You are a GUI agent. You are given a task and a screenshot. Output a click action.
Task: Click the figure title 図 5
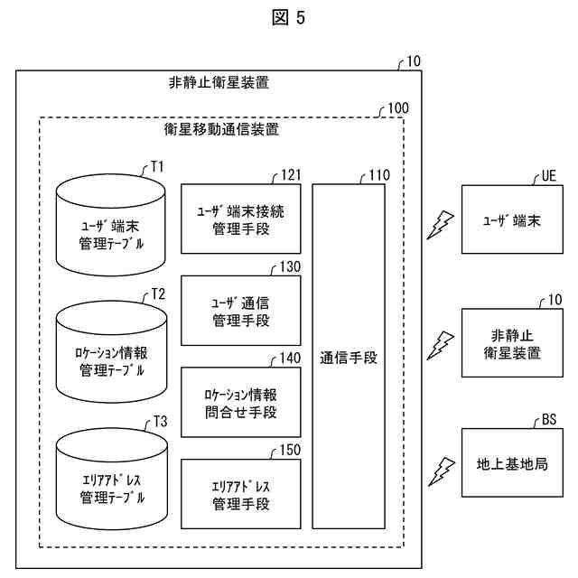(288, 19)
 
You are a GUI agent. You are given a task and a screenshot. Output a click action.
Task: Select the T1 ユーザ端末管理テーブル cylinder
(110, 225)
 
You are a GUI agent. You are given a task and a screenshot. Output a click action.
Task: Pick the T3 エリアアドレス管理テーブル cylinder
(110, 479)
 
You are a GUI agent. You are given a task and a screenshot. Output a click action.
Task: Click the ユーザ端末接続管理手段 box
(240, 219)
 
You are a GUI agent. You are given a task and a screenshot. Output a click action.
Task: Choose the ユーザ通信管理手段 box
(240, 311)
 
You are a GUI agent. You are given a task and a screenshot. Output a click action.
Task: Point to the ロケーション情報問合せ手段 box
(240, 403)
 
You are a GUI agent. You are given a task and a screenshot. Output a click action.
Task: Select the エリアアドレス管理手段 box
(240, 493)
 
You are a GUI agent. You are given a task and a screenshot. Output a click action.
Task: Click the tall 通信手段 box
(349, 356)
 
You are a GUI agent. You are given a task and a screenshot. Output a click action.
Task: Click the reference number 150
(290, 450)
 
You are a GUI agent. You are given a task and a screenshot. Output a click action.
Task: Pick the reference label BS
(549, 419)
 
